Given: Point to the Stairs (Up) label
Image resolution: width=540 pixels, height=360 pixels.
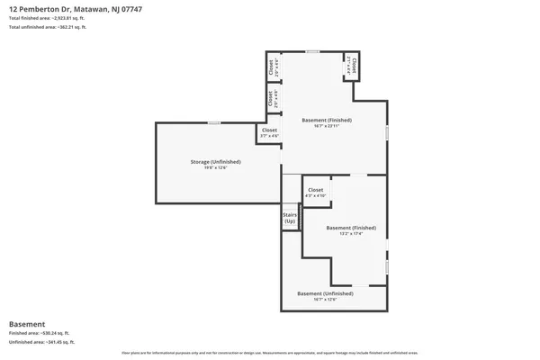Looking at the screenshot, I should pos(290,218).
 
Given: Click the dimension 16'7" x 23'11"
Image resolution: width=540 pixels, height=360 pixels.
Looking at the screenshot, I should pos(326,126).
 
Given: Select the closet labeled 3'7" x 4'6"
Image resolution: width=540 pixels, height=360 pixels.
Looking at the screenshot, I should pos(269,132).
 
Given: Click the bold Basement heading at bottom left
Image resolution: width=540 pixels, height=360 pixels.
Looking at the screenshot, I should pos(27,324).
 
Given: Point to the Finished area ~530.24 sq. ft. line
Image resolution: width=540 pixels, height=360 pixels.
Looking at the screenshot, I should pos(39,333).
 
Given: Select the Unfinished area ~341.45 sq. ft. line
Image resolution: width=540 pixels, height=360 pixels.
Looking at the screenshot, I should pos(40,342).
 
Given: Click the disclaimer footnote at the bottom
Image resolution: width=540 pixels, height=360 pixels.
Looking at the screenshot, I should pos(270,354).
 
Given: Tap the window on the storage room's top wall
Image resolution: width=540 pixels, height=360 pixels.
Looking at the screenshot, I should pos(214,122).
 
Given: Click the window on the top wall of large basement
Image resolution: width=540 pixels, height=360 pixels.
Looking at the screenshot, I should pos(311,51).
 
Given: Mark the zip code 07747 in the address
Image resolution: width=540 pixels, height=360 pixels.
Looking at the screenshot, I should pos(130,9).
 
